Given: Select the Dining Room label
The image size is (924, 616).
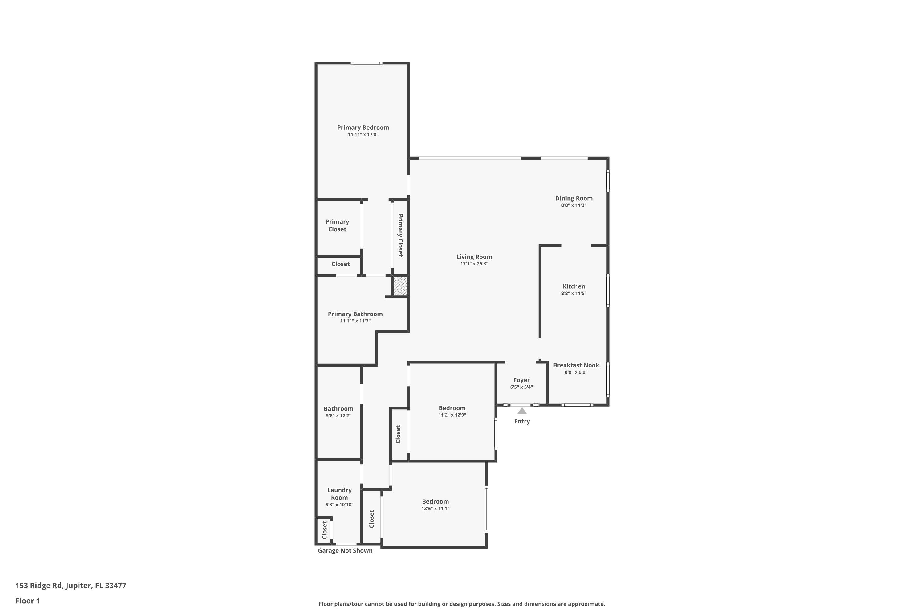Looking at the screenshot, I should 573,198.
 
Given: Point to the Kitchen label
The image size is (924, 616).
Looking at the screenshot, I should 573,286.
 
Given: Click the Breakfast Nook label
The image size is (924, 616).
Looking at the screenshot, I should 576,365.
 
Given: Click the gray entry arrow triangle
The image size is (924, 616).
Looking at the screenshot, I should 521,411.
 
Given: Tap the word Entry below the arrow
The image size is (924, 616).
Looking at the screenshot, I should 521,421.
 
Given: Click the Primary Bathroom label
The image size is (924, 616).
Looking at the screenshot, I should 355,314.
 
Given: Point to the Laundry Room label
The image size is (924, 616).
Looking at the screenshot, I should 339,493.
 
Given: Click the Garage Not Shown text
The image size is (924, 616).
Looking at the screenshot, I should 345,550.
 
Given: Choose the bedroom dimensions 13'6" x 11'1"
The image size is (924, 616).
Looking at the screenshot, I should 435,509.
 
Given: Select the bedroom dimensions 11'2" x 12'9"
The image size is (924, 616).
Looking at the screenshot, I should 452,415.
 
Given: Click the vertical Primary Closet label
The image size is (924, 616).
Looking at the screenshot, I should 400,235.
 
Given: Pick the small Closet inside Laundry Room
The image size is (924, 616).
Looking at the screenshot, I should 325,530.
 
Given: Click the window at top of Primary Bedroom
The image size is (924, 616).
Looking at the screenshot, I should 366,63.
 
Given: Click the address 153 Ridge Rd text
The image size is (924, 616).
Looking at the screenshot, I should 71,586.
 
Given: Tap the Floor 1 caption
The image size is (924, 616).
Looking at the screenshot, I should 27,601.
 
